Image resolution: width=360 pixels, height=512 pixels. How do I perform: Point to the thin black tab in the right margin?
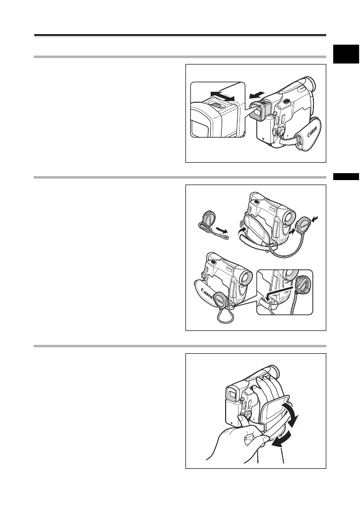click(346, 176)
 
